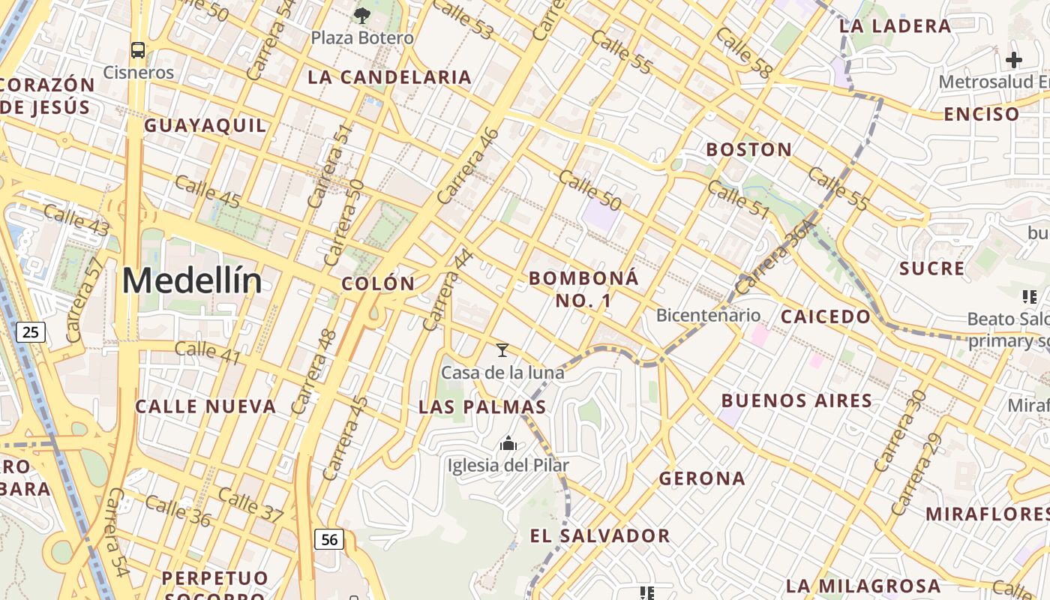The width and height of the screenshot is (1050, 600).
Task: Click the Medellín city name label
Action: pos(192,281)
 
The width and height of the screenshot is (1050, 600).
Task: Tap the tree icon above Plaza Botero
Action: pos(361,14)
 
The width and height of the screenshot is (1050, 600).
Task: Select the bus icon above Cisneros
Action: pos(138,50)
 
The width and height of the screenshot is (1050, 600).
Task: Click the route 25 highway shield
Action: pos(31,331)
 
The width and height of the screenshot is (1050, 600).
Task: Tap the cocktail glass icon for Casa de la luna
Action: pos(502,350)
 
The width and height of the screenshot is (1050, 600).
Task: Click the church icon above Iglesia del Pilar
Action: pos(508,444)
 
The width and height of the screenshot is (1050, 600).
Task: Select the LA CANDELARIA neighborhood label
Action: pos(389,77)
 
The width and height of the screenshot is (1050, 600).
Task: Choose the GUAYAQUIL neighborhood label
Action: pos(205,125)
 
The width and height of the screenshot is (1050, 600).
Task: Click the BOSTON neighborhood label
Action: pos(748,149)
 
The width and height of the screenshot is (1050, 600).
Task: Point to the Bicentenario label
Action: pos(708,315)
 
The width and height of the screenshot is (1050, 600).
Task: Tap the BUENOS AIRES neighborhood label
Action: pos(796,400)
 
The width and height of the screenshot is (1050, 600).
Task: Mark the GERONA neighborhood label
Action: pos(702,478)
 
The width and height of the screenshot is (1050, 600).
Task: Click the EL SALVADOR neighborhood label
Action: pos(600,535)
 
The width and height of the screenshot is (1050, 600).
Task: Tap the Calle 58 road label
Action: pos(742,53)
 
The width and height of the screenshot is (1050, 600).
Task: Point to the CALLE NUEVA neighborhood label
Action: pos(205,406)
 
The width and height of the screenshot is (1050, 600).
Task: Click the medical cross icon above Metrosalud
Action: pos(1014,60)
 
